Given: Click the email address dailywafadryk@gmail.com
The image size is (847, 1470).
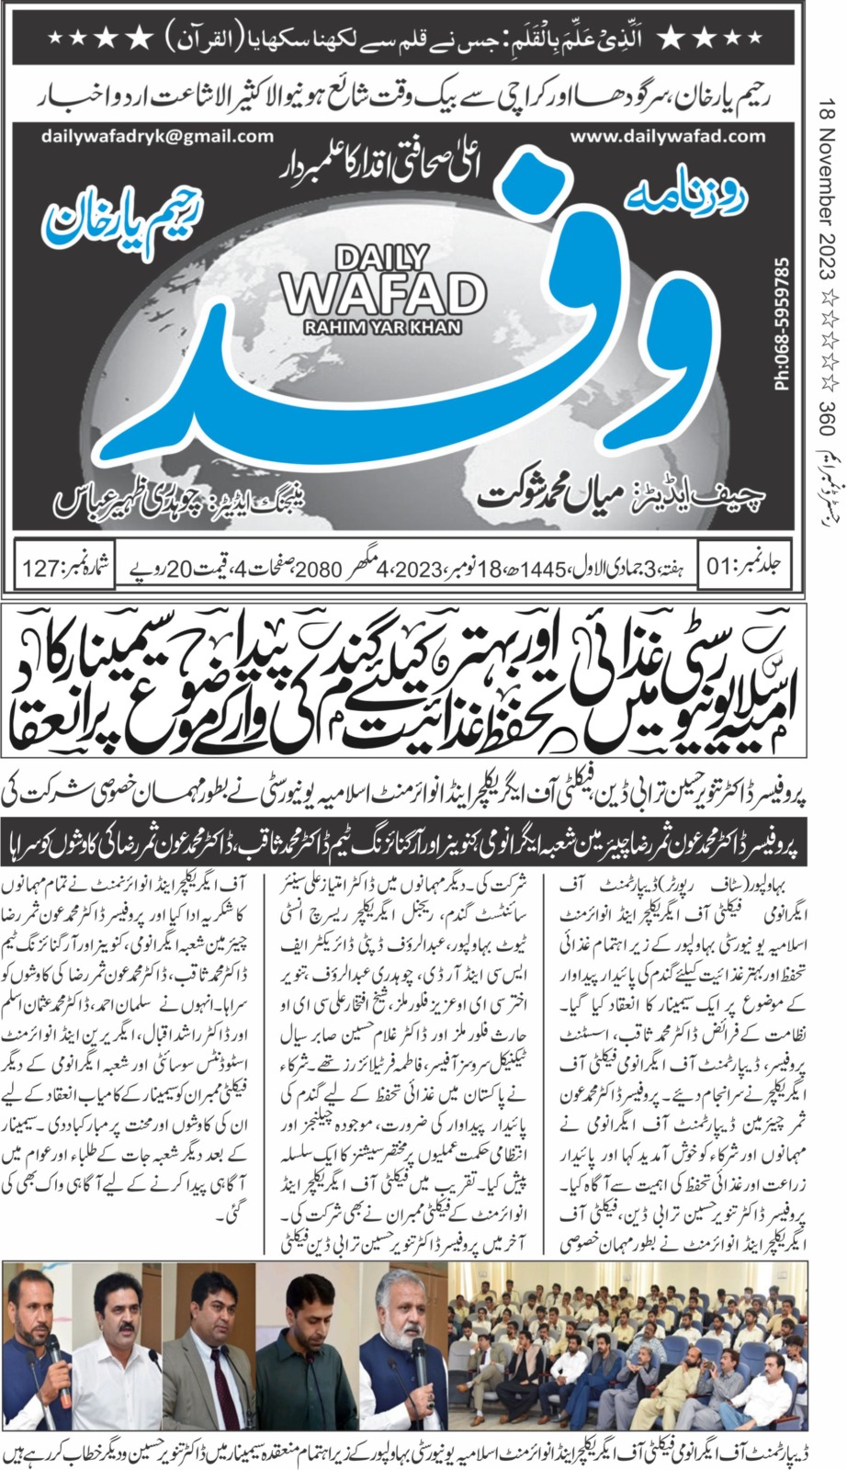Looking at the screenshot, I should click(x=157, y=137).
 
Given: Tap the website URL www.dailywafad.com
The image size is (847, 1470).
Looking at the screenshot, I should click(x=667, y=137).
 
